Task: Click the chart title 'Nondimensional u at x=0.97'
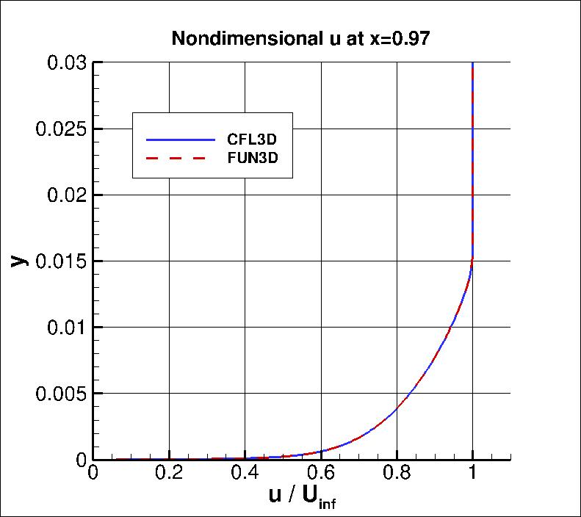click(x=300, y=39)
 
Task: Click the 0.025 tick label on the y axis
click(x=61, y=129)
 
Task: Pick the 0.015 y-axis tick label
click(x=61, y=261)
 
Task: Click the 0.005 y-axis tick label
click(x=61, y=394)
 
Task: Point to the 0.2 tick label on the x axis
click(x=170, y=472)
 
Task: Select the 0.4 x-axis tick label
click(x=245, y=472)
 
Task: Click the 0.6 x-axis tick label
click(x=321, y=472)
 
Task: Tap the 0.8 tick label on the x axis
click(x=397, y=472)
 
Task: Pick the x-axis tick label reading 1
click(x=472, y=472)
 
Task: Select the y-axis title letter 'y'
click(x=20, y=259)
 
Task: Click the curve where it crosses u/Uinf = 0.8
click(x=397, y=407)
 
